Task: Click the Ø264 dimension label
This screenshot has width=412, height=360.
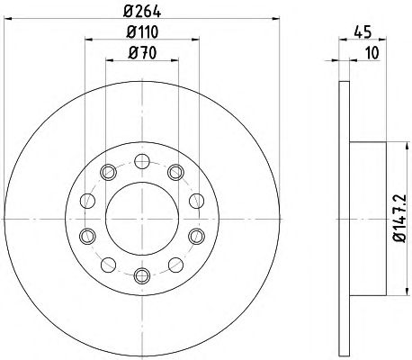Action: pos(142,12)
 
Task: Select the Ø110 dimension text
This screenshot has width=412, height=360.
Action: pos(142,31)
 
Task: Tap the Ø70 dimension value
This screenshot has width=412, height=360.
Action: pos(142,53)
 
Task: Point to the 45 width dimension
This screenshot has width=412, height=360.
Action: pos(363,31)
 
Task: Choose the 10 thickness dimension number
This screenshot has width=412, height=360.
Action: pos(372,53)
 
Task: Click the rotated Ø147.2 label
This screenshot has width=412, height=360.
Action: pos(399,218)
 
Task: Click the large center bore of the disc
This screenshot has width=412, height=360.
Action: pos(142,219)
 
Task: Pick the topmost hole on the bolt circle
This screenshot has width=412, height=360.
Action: pos(142,161)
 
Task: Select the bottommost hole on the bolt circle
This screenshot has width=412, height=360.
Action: pos(142,276)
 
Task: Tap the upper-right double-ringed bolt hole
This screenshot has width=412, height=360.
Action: pos(175,172)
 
